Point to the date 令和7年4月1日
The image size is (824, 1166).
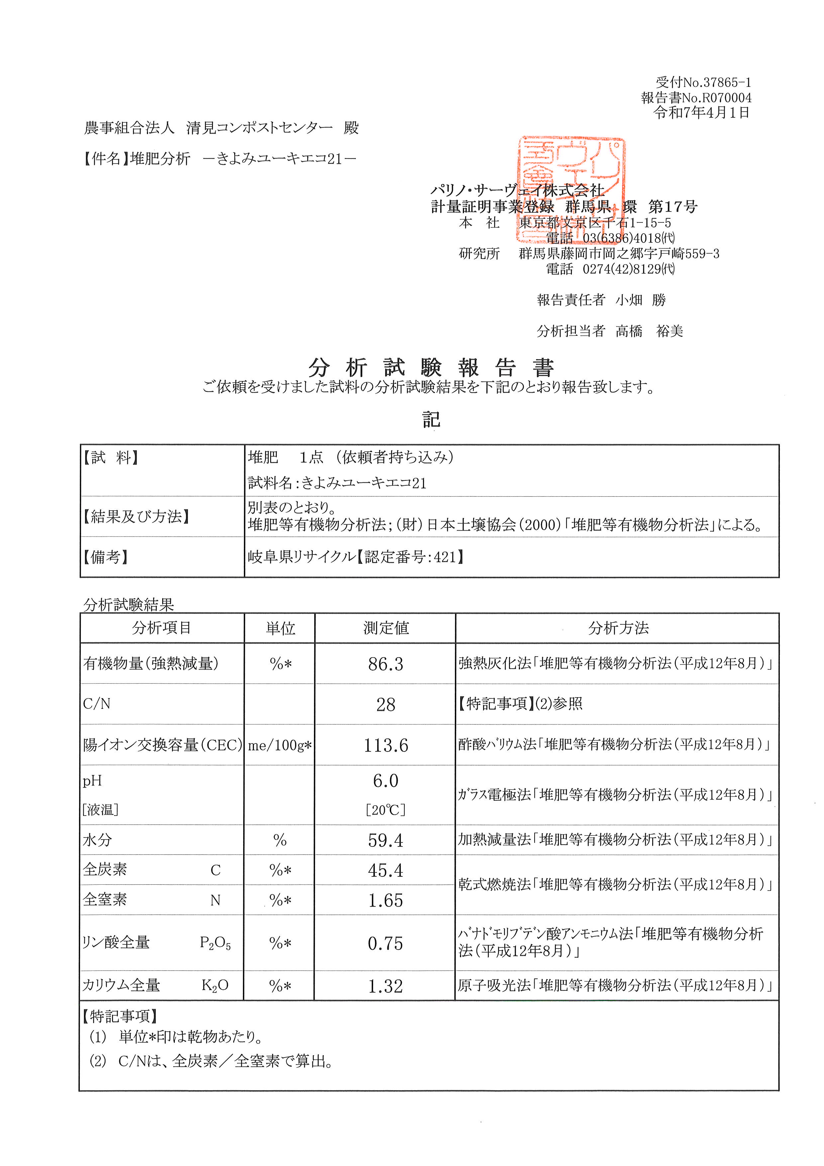pyautogui.click(x=702, y=113)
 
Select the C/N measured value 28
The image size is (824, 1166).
pyautogui.click(x=386, y=705)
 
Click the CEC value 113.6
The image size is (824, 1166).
pyautogui.click(x=386, y=745)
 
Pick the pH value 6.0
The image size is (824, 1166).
pyautogui.click(x=386, y=781)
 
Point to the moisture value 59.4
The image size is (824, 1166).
pyautogui.click(x=386, y=841)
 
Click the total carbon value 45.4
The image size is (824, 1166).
pyautogui.click(x=386, y=870)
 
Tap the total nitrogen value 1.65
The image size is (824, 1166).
pyautogui.click(x=386, y=900)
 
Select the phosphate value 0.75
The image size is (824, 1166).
pyautogui.click(x=386, y=944)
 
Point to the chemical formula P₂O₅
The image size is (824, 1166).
pyautogui.click(x=215, y=944)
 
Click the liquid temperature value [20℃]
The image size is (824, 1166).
pyautogui.click(x=386, y=810)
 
